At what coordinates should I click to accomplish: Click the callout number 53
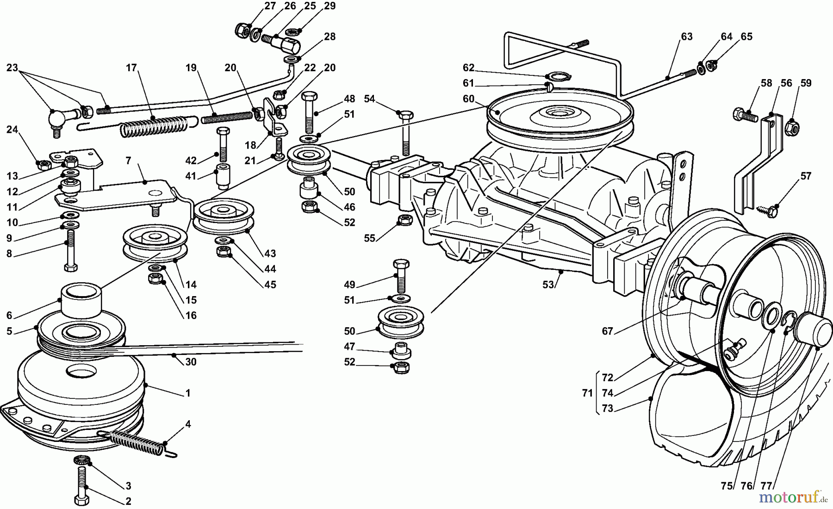click(548, 285)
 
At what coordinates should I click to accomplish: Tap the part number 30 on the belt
click(191, 362)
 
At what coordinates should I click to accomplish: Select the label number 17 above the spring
click(131, 68)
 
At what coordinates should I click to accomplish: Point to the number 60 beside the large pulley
click(468, 99)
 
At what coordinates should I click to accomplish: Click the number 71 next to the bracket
click(587, 393)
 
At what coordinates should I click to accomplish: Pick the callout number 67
click(607, 331)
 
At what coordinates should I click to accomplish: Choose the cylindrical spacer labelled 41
click(223, 176)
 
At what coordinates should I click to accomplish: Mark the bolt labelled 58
click(745, 115)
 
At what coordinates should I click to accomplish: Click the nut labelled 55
click(405, 220)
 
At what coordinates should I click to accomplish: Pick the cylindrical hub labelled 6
click(81, 301)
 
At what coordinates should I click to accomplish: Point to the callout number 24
click(12, 130)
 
